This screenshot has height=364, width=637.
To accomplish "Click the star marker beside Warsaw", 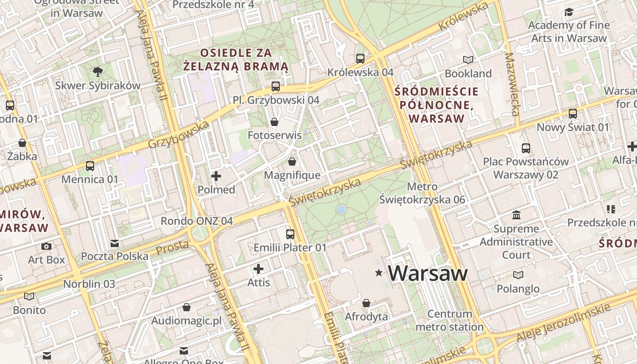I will pos(378,273).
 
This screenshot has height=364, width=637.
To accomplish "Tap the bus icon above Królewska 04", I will pos(360,58).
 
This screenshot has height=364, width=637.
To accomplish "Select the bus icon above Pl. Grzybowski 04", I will pos(275,86).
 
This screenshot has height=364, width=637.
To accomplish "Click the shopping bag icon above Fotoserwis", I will pos(274,121).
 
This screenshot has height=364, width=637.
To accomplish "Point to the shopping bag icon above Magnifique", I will pos(292,162).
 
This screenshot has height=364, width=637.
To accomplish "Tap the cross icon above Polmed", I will pos(216,176).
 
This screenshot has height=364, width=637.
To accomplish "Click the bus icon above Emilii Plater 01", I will pos(290,234).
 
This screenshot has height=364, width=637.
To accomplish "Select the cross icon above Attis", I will pos(258,269).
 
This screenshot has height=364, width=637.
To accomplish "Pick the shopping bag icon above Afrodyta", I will pos(366,303).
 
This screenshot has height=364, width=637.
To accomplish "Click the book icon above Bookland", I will pos(468,60).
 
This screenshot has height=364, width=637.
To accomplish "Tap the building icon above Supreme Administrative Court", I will pos(516,215).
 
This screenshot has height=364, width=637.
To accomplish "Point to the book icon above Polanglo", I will pos(518,275).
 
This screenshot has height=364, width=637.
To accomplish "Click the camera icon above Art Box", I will pos(46,246).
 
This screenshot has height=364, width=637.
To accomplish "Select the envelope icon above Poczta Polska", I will pos(115,243).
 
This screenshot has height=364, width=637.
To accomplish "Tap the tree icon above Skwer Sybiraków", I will pos(97,71).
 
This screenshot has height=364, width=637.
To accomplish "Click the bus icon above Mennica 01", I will pos(90,166).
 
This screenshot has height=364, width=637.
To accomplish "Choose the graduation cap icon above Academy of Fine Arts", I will pos(569,12).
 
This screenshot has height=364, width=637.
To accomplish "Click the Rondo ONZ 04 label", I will pos(197,221).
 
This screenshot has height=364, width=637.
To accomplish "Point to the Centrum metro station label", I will pos(450,320).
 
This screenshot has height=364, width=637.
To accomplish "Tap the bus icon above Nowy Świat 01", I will pos(573,113).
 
